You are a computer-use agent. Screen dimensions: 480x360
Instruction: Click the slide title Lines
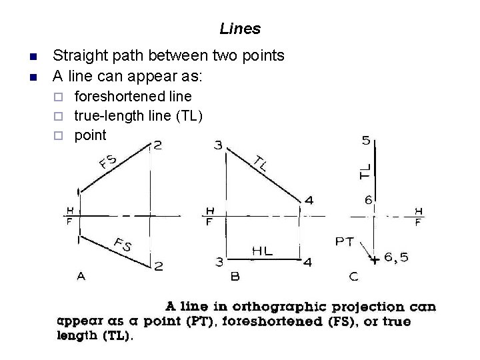[240, 29]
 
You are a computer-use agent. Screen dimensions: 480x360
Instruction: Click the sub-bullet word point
[90, 135]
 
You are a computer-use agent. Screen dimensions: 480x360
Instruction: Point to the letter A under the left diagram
[81, 275]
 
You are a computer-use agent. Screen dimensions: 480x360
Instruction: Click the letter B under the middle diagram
[235, 275]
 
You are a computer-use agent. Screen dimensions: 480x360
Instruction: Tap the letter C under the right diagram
[353, 275]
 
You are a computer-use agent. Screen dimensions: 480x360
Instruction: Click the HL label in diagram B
[262, 250]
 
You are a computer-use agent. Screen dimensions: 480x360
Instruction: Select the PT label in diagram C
[345, 241]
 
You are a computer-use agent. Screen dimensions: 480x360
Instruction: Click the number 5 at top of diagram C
[366, 141]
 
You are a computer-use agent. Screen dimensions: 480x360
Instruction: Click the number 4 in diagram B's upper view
[307, 200]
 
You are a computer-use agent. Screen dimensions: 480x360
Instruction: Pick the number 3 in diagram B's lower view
[219, 261]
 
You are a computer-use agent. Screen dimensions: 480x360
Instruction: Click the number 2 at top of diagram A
[157, 145]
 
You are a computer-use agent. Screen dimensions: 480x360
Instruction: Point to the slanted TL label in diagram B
[260, 163]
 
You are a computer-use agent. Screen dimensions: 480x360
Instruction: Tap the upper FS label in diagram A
[108, 162]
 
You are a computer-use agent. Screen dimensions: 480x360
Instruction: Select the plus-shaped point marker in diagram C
[375, 259]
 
